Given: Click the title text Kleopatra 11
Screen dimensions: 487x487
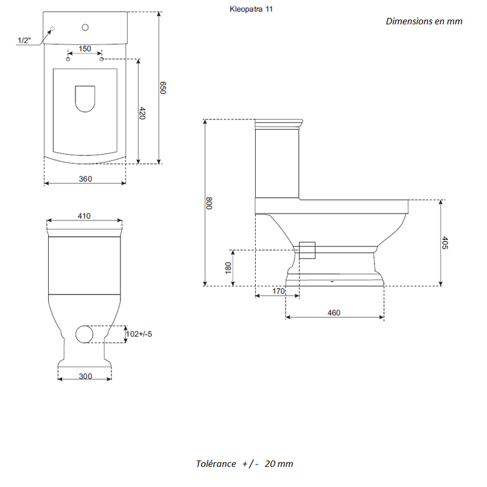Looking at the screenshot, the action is coord(251,9).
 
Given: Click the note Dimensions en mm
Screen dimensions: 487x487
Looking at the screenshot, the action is coord(424,21).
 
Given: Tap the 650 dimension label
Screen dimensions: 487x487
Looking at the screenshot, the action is coord(163,88).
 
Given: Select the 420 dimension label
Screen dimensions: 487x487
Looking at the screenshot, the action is coord(142,113).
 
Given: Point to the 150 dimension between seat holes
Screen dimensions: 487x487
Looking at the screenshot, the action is coord(85,49).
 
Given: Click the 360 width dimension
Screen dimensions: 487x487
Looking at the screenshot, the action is coord(85,179).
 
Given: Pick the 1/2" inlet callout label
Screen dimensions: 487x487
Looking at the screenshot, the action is coord(24,40).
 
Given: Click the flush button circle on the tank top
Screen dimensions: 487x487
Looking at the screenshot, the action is coord(85,27).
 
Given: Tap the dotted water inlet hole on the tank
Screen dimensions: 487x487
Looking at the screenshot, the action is coord(52,29).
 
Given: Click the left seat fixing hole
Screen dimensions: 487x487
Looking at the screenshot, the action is coord(68,59).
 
